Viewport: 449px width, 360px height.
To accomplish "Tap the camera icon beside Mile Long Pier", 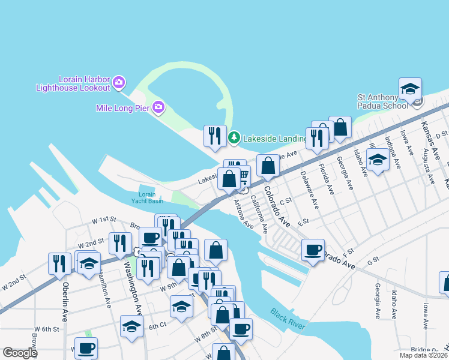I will coord(158,108).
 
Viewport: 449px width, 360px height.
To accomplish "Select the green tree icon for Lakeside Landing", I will coord(234,139).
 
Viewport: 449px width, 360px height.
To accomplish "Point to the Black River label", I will coord(288,320).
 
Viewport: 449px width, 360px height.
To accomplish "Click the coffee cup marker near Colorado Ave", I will coord(312,250).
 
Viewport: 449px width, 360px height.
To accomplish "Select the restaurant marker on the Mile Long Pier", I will coord(215,136).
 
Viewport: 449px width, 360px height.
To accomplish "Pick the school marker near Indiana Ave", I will coord(378,161).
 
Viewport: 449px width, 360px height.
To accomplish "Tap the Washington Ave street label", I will coord(133,288).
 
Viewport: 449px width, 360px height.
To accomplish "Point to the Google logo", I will coord(20,353).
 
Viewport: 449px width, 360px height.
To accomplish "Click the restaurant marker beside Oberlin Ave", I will coord(59,263).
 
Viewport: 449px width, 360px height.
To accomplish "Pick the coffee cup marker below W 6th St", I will coord(86,347).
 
